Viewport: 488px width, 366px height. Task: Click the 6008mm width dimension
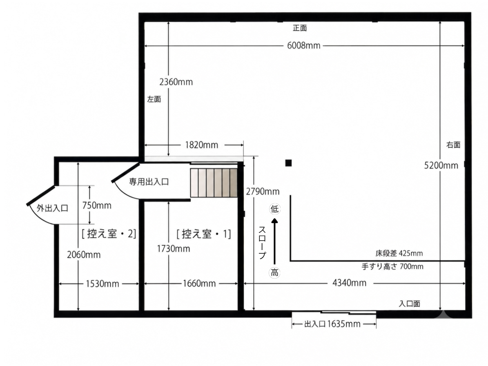click(x=304, y=46)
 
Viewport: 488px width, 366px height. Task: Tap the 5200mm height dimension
click(x=441, y=165)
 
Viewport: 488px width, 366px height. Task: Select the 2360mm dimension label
click(x=176, y=82)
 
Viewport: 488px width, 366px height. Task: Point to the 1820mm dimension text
click(x=202, y=145)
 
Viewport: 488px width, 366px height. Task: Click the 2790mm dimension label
click(x=263, y=192)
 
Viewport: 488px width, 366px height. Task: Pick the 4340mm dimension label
click(x=350, y=283)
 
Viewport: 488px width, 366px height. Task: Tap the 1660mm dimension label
click(x=199, y=283)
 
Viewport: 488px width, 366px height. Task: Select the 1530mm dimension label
click(x=103, y=284)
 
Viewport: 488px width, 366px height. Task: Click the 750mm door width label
click(x=97, y=205)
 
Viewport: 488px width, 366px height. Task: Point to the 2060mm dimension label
click(x=84, y=255)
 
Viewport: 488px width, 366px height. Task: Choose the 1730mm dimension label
click(x=173, y=249)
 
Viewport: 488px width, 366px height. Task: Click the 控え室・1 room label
click(x=204, y=234)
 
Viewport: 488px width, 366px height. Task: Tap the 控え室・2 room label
click(x=109, y=233)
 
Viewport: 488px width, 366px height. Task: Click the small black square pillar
click(x=288, y=163)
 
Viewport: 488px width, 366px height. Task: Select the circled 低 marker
click(x=274, y=209)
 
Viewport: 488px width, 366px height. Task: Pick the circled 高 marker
click(x=274, y=273)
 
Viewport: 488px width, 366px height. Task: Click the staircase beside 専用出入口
click(x=214, y=183)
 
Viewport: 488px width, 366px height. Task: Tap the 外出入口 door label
click(x=52, y=208)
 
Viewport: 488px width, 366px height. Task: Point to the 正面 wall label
click(x=300, y=28)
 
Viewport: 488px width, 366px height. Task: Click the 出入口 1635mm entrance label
click(x=332, y=324)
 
